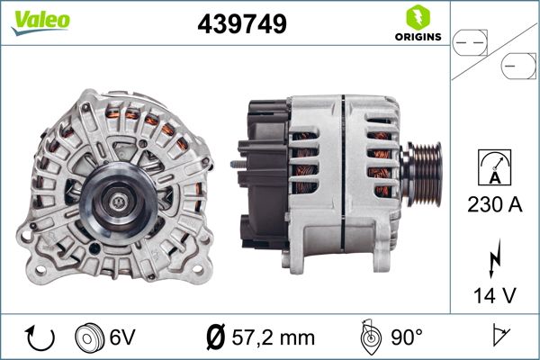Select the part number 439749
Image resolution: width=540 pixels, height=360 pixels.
pyautogui.click(x=241, y=25)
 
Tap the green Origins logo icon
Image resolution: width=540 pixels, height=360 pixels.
pyautogui.click(x=417, y=17)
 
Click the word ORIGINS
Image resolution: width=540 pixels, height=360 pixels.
pyautogui.click(x=417, y=38)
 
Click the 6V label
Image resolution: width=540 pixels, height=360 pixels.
pyautogui.click(x=124, y=337)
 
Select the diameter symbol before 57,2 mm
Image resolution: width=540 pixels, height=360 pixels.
pyautogui.click(x=215, y=337)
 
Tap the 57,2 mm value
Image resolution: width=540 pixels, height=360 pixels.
pyautogui.click(x=273, y=337)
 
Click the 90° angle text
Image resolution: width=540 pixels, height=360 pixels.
pyautogui.click(x=406, y=337)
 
